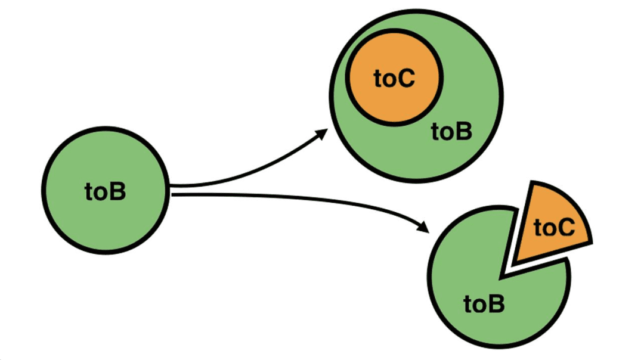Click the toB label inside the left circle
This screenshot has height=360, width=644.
pyautogui.click(x=106, y=192)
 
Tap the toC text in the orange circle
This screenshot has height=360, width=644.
pyautogui.click(x=394, y=79)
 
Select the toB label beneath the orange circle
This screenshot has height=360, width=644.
pyautogui.click(x=451, y=132)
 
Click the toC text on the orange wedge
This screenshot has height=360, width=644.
pyautogui.click(x=555, y=228)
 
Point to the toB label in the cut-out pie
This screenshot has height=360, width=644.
pyautogui.click(x=484, y=305)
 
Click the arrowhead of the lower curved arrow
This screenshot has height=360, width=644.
pyautogui.click(x=425, y=228)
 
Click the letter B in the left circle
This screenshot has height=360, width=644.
pyautogui.click(x=118, y=192)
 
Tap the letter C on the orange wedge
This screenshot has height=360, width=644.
pyautogui.click(x=567, y=228)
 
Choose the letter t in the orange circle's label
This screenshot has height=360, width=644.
pyautogui.click(x=379, y=79)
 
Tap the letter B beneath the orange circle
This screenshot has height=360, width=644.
pyautogui.click(x=464, y=132)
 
